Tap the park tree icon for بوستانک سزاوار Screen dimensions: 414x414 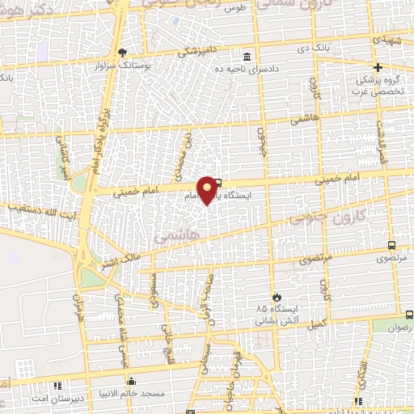tap(123, 52)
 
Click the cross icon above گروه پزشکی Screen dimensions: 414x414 tap(378, 66)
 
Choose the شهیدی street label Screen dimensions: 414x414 tap(385, 38)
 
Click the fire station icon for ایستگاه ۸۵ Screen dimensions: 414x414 tap(277, 297)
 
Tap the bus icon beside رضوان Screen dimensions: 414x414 tap(409, 315)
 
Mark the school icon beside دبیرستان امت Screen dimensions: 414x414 tap(56, 386)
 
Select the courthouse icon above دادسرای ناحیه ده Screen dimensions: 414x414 tap(247, 57)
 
